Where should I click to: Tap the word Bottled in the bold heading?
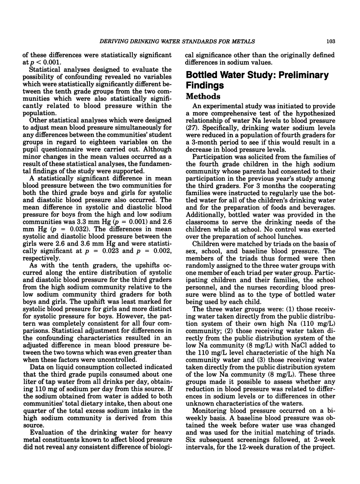tap(209, 75)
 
